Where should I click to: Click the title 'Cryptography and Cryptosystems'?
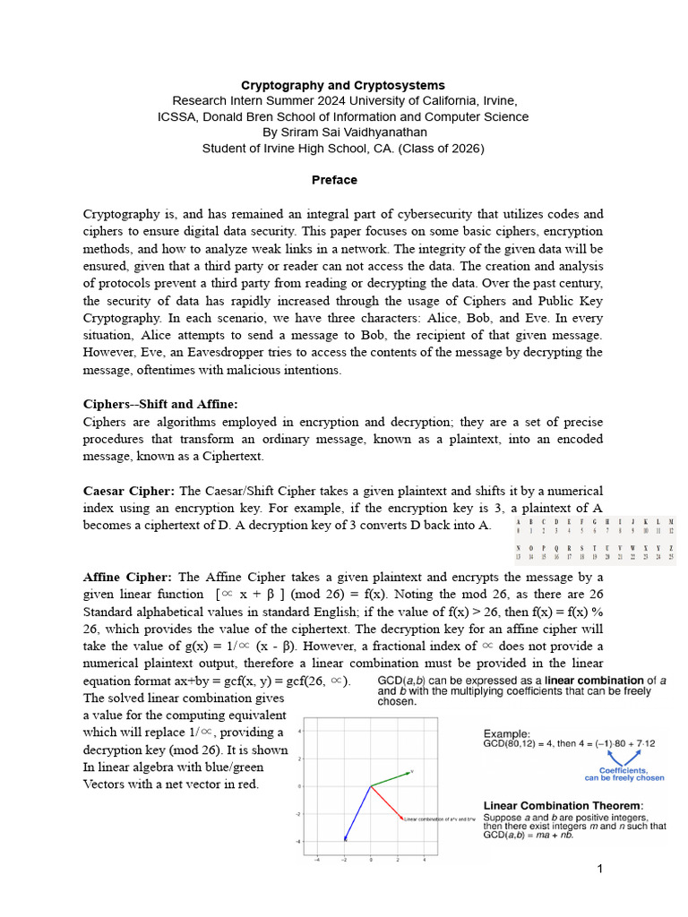click(343, 85)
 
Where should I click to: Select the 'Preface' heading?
click(334, 180)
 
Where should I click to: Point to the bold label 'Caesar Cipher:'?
click(130, 491)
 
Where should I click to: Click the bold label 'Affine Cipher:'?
click(128, 577)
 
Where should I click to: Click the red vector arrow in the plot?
click(386, 803)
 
